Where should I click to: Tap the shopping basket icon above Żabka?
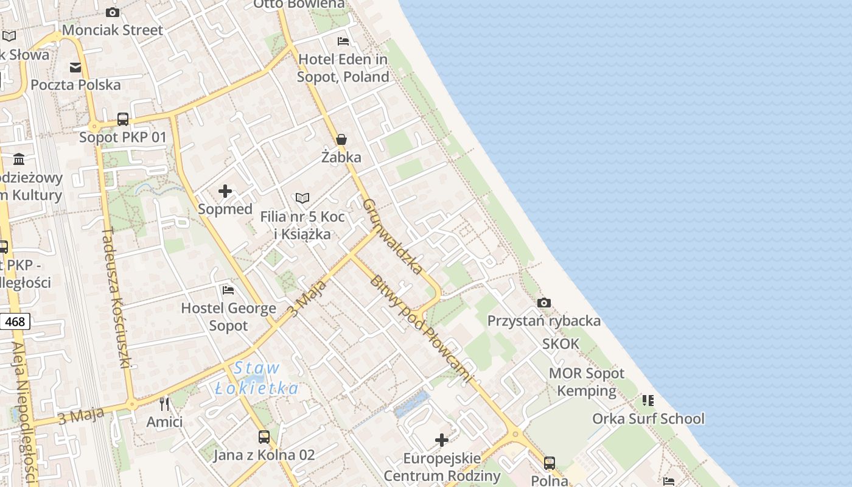coord(341,139)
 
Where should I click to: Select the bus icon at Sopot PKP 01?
coord(123,119)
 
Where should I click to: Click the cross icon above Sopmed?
coord(225,191)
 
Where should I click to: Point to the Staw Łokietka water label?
coord(256,378)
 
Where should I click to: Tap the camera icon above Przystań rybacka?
coord(544,303)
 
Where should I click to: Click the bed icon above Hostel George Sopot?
coord(228,290)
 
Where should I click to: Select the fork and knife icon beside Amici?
coord(164,403)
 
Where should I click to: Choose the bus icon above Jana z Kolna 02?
coord(264,436)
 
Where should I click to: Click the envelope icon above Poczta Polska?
coord(75,67)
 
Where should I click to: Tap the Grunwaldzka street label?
coord(393,236)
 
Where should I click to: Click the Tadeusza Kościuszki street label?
coord(116,298)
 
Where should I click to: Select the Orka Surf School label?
coord(648,419)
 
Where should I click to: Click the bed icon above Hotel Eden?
coord(343,41)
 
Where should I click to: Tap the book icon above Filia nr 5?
coord(302,198)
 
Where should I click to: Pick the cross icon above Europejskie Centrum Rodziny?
coord(442,440)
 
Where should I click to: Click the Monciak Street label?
coord(113,30)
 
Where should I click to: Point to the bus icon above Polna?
coord(550,463)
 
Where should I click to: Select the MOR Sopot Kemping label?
coord(587,382)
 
